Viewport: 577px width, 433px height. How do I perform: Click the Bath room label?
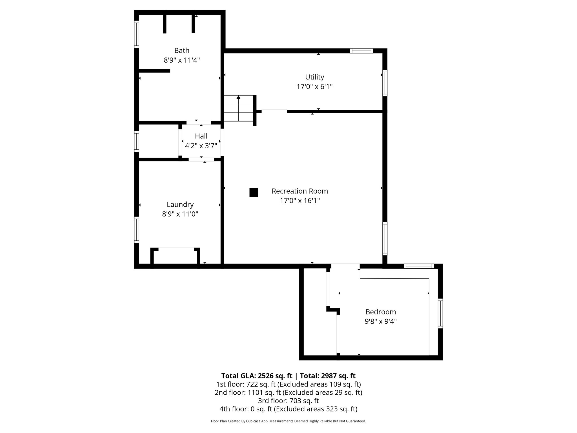(x=182, y=50)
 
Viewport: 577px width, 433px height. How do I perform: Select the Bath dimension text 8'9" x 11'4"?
(x=182, y=60)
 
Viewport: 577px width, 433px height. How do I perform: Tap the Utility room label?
(x=314, y=77)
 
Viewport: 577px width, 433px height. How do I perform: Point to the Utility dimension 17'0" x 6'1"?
(x=314, y=87)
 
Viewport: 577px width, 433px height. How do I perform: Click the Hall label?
(x=201, y=136)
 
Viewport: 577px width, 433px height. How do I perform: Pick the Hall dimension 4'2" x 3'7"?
(x=201, y=146)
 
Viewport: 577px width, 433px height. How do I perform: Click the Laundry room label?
(x=180, y=204)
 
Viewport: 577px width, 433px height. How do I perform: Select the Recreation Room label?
(x=299, y=191)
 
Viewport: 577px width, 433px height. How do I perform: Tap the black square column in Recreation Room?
(x=254, y=192)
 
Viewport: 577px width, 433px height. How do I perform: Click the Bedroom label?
(x=380, y=312)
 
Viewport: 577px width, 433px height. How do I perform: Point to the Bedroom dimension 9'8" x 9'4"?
(x=380, y=321)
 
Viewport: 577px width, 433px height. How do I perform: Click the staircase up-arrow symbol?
(x=239, y=98)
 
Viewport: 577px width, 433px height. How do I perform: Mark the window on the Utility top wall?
(x=361, y=51)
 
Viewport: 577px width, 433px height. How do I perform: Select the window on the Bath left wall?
(x=136, y=34)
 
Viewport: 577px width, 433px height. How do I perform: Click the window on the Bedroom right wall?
(x=440, y=313)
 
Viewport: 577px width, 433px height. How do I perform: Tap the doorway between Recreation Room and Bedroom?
(x=345, y=266)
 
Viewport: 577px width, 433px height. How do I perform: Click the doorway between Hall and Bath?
(x=199, y=123)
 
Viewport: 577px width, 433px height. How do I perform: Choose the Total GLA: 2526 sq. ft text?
(x=257, y=376)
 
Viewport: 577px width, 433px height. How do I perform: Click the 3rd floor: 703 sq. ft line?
(x=288, y=401)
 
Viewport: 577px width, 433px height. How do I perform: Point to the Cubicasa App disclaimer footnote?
(x=288, y=421)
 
